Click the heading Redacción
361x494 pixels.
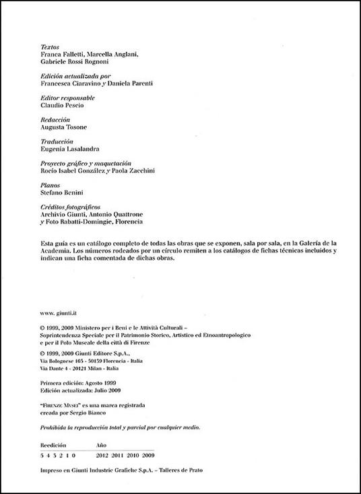point(56,118)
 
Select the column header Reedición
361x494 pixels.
point(55,445)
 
